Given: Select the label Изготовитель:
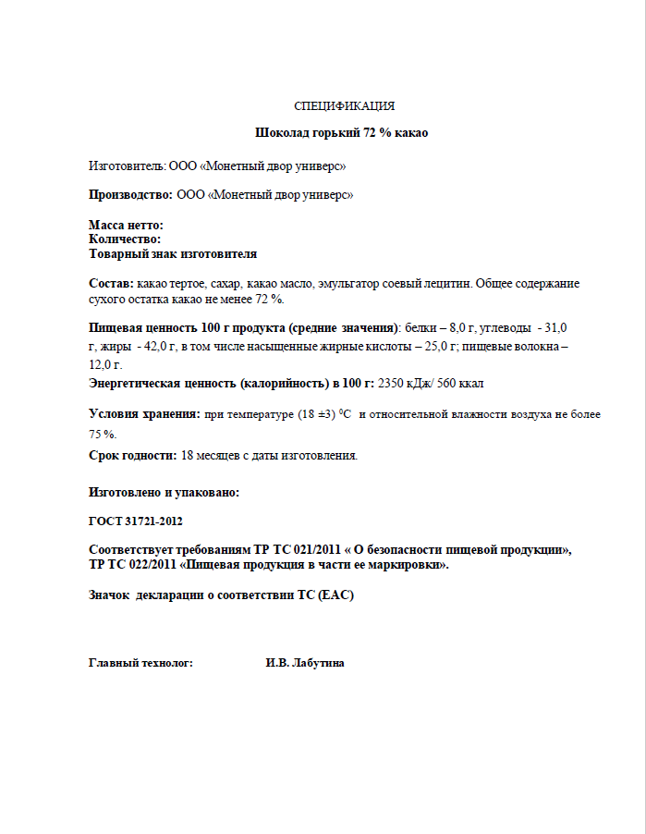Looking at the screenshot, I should point(127,166).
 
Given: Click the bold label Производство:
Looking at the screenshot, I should point(130,195).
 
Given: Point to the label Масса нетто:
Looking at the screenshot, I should point(126,226).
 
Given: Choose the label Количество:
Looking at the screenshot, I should point(125,239).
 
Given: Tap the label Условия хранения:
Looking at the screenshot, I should point(144,414).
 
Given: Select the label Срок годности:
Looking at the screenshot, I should point(132,455).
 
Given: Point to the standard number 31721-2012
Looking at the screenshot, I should point(145,521).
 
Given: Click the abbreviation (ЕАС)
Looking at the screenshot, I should point(336,595).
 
